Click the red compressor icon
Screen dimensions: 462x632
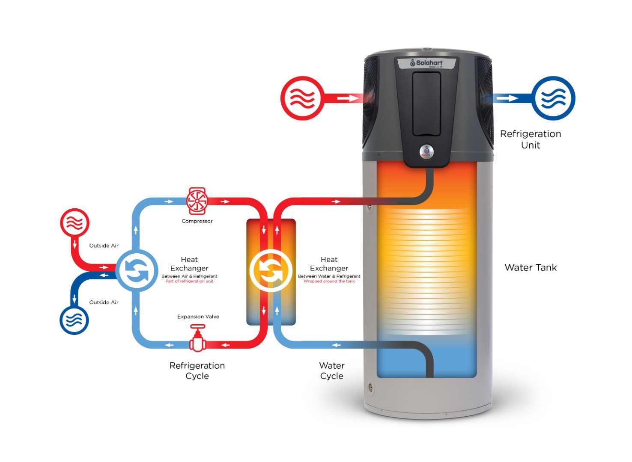pos(197,201)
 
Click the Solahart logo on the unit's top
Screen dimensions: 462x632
pos(426,63)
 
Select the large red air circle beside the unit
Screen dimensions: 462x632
pos(302,98)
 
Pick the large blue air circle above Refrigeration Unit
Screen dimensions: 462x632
pos(553,98)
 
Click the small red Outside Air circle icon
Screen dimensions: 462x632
pos(75,223)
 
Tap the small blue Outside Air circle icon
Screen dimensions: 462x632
pos(74,320)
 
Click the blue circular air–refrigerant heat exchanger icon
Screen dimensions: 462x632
pos(137,271)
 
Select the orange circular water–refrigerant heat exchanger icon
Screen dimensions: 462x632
pos(271,271)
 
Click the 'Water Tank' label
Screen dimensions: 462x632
pos(531,268)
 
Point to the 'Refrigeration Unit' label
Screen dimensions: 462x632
pos(531,139)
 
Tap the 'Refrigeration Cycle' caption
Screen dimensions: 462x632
pos(197,371)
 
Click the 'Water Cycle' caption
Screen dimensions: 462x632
pos(332,371)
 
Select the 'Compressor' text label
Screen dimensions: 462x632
pos(197,221)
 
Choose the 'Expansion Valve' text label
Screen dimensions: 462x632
pos(198,317)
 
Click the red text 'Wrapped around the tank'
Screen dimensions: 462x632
pos(329,281)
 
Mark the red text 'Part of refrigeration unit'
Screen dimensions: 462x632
pos(189,281)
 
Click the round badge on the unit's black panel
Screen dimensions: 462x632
pos(426,151)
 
